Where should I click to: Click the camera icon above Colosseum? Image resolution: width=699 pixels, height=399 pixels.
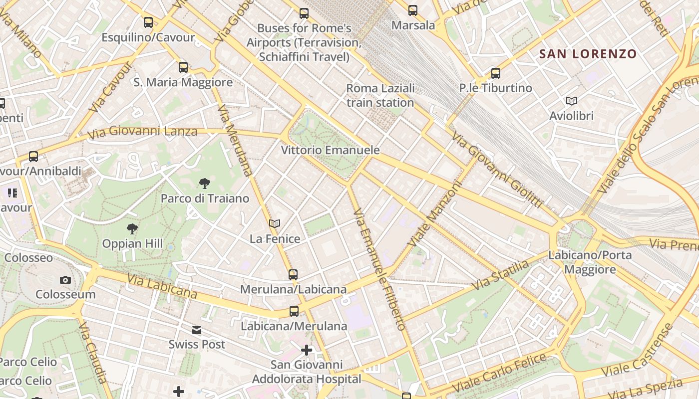tap(65, 280)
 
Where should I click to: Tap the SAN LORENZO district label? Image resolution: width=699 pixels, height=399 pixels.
tap(588, 54)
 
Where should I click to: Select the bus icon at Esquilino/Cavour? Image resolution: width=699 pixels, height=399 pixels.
tap(148, 22)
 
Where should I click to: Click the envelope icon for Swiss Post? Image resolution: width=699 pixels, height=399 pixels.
tap(197, 330)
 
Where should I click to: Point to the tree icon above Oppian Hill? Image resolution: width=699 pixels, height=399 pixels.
tap(132, 229)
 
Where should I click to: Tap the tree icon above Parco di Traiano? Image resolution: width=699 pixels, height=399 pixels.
tap(204, 184)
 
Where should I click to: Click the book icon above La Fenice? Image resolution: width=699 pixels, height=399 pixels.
tap(275, 223)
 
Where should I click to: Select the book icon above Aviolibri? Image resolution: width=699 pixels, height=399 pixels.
tap(572, 101)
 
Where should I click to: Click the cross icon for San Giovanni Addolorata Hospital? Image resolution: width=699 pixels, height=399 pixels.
tap(307, 350)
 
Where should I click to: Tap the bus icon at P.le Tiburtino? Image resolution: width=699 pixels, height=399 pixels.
tap(496, 73)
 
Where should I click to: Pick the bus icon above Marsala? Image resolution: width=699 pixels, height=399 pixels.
tap(413, 10)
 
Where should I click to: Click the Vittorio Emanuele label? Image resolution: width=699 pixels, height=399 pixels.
tap(330, 150)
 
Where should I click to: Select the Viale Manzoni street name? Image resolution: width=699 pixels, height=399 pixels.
tap(435, 213)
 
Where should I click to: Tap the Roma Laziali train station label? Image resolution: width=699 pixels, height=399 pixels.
tap(380, 95)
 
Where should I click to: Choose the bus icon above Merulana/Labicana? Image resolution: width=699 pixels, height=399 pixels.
tap(293, 274)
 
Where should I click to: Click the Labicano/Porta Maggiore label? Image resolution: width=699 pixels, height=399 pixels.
tap(590, 262)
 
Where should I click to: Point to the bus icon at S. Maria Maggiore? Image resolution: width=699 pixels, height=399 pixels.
tap(183, 67)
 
